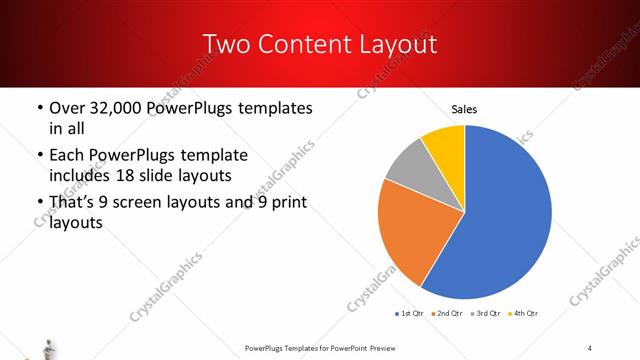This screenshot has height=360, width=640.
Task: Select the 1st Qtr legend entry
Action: [x=412, y=314]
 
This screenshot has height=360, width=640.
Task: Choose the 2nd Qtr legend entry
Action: [x=449, y=314]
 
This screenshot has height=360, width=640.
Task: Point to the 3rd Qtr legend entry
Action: [x=487, y=314]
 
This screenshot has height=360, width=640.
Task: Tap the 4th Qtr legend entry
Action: [x=525, y=314]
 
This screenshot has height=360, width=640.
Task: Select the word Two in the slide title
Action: [x=227, y=44]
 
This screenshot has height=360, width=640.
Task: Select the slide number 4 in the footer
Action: [x=590, y=347]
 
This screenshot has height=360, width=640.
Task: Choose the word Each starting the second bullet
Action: [x=69, y=156]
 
